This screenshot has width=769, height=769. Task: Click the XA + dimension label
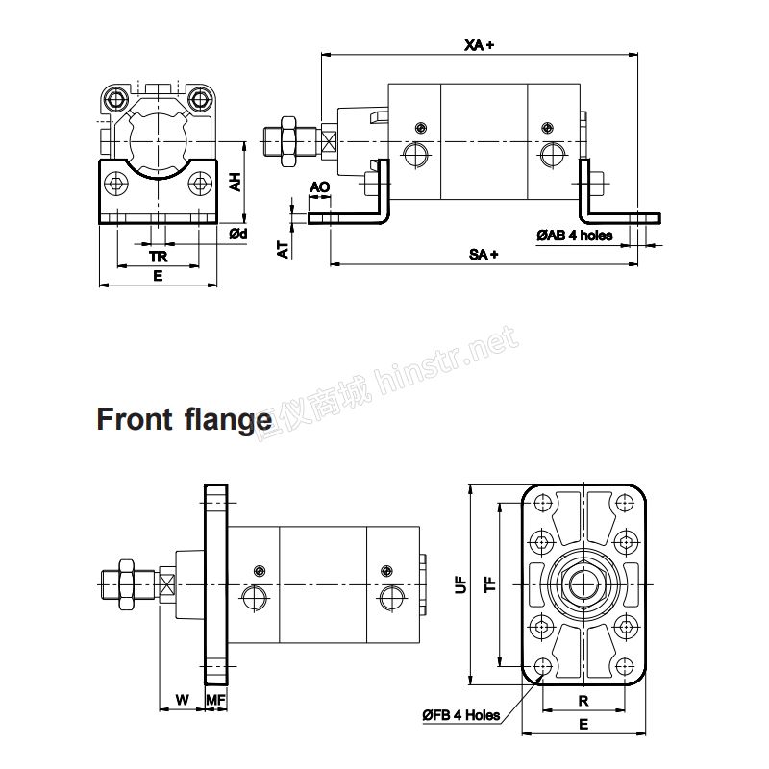point(479,45)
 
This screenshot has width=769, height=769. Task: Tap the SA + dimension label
point(484,254)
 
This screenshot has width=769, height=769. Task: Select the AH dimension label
point(236,182)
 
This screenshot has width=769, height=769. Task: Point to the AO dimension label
point(320,186)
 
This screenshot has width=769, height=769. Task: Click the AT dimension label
point(283,249)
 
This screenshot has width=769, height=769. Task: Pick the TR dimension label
point(159,257)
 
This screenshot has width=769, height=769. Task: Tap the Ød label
point(238,234)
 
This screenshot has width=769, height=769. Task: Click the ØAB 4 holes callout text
point(574,236)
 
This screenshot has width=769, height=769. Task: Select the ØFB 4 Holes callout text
point(461,714)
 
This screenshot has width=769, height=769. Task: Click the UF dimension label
point(461,584)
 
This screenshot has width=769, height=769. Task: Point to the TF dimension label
point(490,584)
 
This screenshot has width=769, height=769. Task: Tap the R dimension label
point(583,701)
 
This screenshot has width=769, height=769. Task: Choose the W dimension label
point(182,700)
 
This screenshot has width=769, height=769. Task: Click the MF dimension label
point(215,700)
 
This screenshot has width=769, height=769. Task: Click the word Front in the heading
point(135,419)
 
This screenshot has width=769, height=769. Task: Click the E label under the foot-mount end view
point(158,276)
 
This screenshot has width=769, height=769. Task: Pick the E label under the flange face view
point(583,724)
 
